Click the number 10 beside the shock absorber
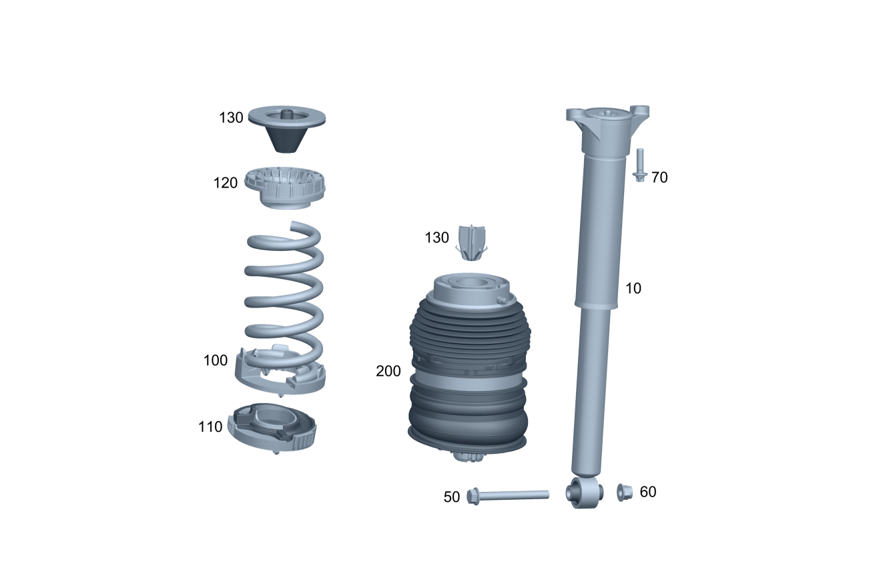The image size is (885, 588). click(633, 288)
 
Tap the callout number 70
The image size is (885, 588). click(659, 178)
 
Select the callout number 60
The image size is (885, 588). click(648, 492)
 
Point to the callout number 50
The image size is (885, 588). click(452, 497)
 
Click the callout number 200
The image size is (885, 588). click(388, 371)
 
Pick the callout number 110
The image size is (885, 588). click(210, 426)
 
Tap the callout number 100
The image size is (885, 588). click(216, 360)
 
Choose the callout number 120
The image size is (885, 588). click(225, 183)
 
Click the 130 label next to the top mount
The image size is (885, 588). click(231, 117)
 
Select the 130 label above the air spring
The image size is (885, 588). click(436, 238)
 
